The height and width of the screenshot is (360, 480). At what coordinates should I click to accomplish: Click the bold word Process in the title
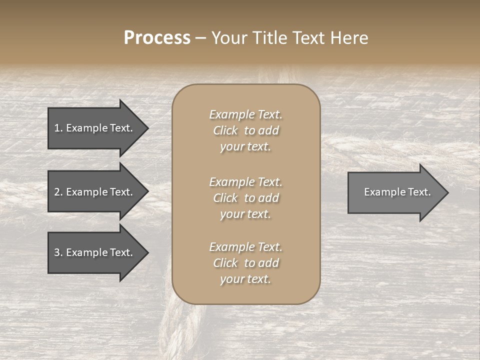[x=157, y=38]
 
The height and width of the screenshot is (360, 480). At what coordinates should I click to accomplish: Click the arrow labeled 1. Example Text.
[x=95, y=128]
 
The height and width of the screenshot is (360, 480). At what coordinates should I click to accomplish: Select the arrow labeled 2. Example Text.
[x=95, y=192]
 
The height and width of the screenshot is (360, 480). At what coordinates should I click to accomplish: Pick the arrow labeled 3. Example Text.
[x=95, y=252]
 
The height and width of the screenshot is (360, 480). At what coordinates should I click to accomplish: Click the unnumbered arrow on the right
[x=395, y=192]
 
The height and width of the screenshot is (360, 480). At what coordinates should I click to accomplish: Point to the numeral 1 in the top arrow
[x=57, y=128]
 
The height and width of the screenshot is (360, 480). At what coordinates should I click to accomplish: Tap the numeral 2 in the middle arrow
[x=57, y=192]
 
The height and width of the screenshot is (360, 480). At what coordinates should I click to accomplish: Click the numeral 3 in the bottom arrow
[x=57, y=252]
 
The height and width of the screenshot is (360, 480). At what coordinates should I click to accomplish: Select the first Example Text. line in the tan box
[x=245, y=114]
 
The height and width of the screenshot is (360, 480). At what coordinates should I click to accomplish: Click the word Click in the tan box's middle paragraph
[x=225, y=198]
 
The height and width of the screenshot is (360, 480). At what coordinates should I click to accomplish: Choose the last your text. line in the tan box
[x=245, y=279]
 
